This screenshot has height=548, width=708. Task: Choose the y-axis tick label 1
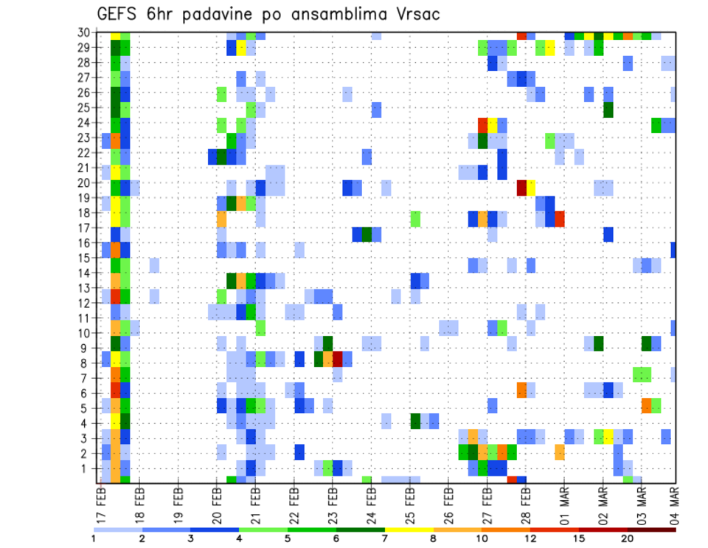[x=88, y=468]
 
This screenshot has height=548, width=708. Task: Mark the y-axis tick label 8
[x=88, y=363]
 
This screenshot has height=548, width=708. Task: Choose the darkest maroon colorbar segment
[x=650, y=529]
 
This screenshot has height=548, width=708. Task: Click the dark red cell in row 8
[x=338, y=359]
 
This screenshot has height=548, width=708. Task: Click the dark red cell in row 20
[x=521, y=187]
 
